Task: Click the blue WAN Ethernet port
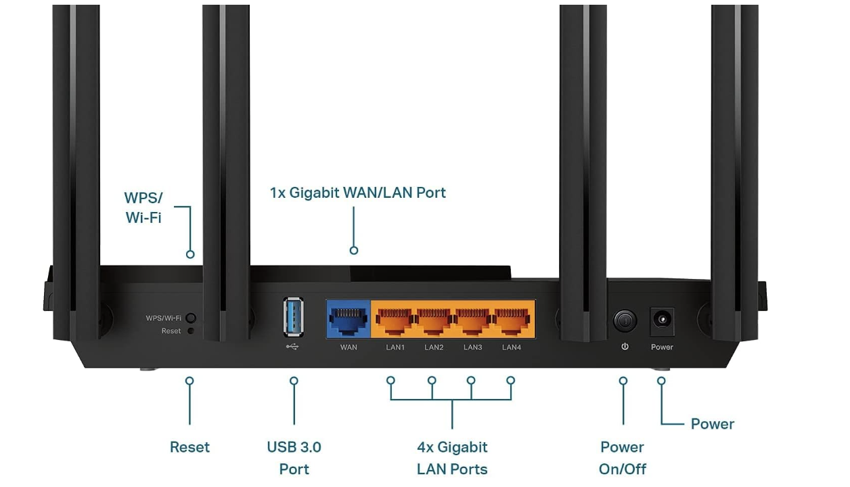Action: pos(349,319)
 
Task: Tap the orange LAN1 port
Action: pos(395,319)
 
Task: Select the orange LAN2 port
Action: pos(434,319)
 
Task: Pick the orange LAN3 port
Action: pos(472,319)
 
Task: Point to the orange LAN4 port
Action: pos(512,319)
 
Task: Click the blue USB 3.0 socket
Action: pos(294,317)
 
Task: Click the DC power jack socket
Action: pos(661,320)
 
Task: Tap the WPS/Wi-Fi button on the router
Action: pos(191,318)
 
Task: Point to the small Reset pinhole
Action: pos(190,331)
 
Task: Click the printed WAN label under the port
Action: pos(349,347)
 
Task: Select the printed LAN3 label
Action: pos(472,347)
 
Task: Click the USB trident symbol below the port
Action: pos(293,347)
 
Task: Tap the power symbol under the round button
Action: pos(625,347)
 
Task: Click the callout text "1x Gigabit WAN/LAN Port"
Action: pos(358,192)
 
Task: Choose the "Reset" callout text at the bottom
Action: pos(189,447)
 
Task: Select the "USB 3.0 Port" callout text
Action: pos(294,458)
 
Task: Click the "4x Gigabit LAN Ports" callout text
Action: pos(452,458)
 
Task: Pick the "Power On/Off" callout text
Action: pos(622,458)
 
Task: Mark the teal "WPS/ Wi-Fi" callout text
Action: pos(143,208)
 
